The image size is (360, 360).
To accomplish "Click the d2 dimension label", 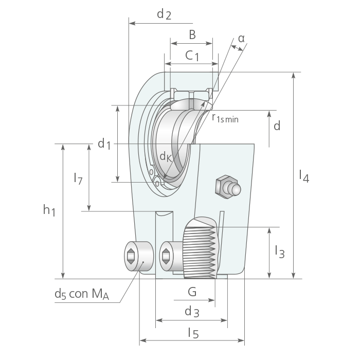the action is pos(164,14).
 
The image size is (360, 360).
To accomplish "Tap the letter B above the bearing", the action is pos(192,34).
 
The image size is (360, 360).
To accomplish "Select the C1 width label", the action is pos(192,56).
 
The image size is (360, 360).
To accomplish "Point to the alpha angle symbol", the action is pos(241,39).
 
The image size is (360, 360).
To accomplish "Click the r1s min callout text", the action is pos(225,118).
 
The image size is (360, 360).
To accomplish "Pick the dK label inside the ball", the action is pos(166,157).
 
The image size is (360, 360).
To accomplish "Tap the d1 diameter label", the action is pos(104,144).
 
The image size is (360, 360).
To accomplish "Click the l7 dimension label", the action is pos(78,178).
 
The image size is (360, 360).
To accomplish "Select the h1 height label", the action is pos(49,210).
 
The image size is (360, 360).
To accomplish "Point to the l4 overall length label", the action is pos(304,176).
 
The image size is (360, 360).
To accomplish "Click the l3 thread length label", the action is pos(280,252).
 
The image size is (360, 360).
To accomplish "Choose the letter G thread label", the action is pos(192,292).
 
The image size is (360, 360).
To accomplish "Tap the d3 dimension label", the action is pos(192,312).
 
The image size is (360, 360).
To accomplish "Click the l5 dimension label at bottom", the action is pos(193,333).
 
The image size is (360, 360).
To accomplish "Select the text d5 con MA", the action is pos(82,294).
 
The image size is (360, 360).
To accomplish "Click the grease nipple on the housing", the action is pos(228,187).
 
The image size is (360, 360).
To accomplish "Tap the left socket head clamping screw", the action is pos(139,256).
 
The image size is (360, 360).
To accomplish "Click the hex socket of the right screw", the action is pos(166,256).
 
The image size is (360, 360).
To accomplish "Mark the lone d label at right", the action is pos(277,126).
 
